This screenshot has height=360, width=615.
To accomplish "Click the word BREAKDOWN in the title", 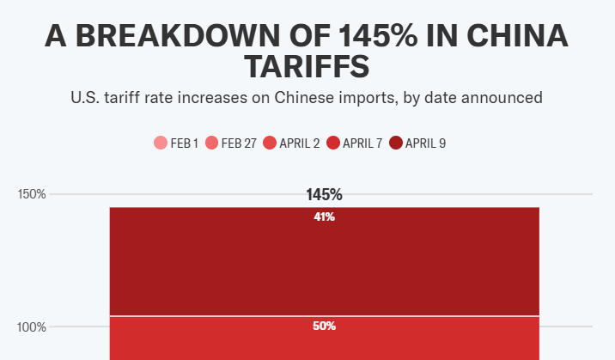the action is [x=179, y=36].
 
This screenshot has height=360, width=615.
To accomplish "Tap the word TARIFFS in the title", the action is [x=307, y=66].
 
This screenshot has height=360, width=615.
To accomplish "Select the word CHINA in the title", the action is [x=517, y=36].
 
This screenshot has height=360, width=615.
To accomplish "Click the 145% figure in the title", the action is [x=378, y=36].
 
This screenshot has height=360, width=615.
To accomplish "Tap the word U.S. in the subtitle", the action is [x=85, y=98].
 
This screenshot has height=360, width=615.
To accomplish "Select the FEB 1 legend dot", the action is [x=161, y=143].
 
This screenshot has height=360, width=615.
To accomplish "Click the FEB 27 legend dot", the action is [x=212, y=143].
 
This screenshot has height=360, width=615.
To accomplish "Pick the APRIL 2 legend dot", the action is [x=270, y=143].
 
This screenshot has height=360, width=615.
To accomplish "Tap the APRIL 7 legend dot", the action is [x=333, y=143].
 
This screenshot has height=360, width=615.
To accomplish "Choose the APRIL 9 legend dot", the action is [x=396, y=143].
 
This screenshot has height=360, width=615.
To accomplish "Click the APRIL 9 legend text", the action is [x=425, y=143].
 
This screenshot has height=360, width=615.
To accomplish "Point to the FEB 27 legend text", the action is [x=239, y=143].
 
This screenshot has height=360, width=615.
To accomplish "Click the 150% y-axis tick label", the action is [x=32, y=194].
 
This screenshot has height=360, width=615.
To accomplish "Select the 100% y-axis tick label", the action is [x=32, y=327].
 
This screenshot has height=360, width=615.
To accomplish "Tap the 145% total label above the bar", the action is [x=324, y=195].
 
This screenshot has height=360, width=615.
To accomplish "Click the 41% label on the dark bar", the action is [x=324, y=217].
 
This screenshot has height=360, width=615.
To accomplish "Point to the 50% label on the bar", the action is [x=324, y=326].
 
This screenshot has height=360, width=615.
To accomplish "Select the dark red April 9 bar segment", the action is [x=325, y=261].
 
